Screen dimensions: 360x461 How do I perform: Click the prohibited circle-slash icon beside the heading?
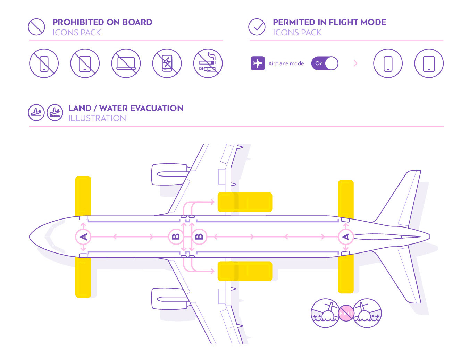(36, 27)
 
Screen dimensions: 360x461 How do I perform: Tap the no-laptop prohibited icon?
(126, 63)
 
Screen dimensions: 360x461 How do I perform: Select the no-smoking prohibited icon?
(208, 63)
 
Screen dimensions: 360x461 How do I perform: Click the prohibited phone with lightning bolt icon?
(167, 63)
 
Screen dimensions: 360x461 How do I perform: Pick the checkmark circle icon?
(257, 27)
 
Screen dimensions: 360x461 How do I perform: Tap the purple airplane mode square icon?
(258, 63)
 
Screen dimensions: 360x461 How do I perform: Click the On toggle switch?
(325, 63)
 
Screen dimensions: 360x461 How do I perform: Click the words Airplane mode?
(286, 63)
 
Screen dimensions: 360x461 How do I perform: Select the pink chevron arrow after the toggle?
(355, 63)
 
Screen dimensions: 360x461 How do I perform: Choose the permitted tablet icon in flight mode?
(429, 63)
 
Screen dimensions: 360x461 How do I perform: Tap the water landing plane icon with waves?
(55, 112)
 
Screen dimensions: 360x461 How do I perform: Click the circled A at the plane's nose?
(83, 237)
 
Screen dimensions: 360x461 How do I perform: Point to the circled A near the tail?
(346, 237)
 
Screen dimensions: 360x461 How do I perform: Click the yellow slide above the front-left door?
(83, 196)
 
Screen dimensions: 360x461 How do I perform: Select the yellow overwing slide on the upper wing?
(245, 202)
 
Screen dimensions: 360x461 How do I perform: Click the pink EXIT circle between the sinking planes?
(346, 313)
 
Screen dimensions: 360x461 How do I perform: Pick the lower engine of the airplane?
(170, 299)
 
